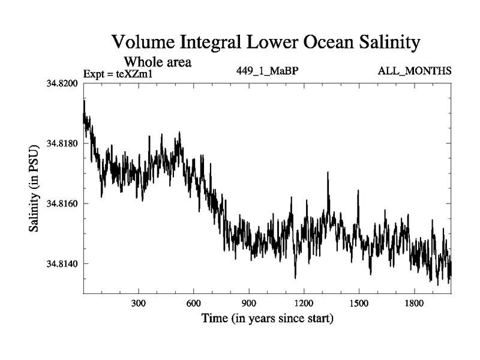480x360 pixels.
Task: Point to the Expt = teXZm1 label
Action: (118, 73)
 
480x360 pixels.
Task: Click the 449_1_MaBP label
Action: (268, 71)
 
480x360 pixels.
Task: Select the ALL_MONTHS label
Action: (415, 71)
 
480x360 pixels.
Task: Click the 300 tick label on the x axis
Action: (139, 302)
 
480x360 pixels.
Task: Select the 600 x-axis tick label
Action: (194, 302)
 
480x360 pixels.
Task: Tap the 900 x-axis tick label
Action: (248, 302)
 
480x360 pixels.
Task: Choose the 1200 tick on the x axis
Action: (304, 302)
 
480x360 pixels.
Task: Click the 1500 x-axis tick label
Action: (358, 302)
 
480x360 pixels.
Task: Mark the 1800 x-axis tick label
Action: (413, 302)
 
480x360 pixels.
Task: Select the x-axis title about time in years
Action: (267, 317)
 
